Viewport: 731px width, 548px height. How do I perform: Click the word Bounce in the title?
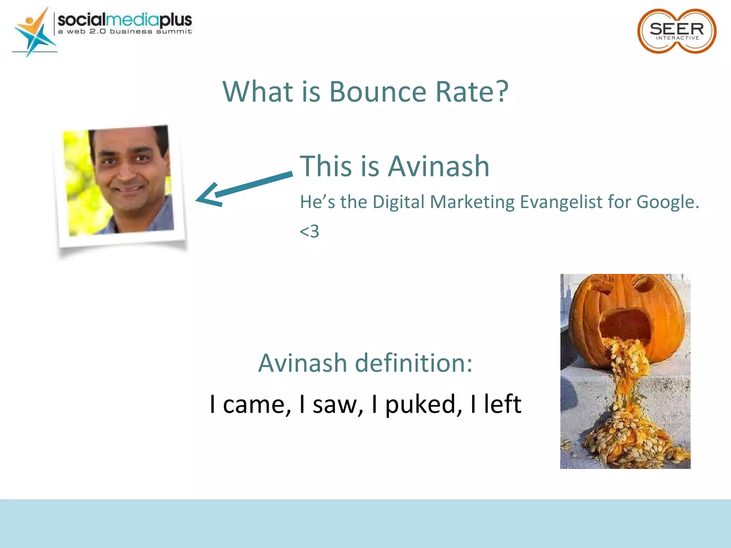click(377, 92)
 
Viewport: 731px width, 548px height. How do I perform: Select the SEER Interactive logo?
click(676, 31)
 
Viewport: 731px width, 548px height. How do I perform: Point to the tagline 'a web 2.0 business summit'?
click(125, 32)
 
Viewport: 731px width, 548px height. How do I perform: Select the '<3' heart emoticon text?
click(309, 231)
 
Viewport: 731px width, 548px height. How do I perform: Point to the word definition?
click(414, 363)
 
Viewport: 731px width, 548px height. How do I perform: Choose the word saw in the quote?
click(337, 405)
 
